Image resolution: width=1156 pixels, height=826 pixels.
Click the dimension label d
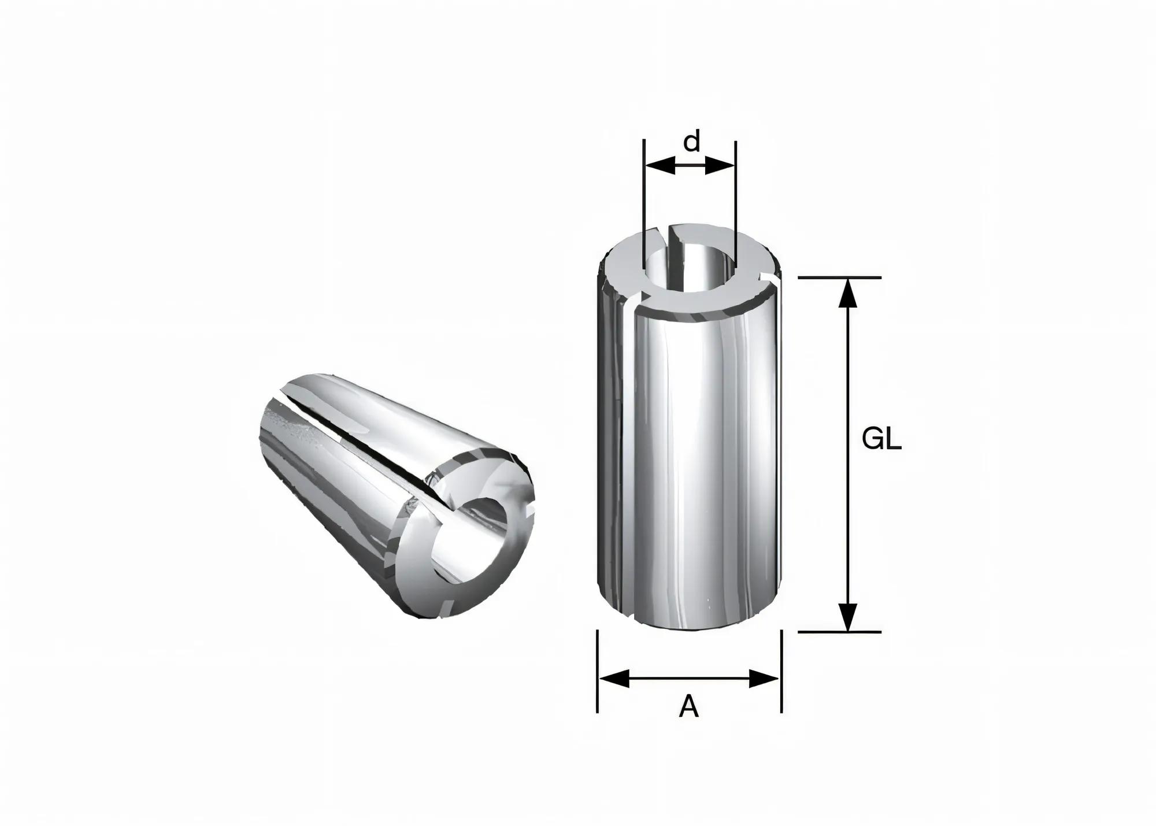point(691,142)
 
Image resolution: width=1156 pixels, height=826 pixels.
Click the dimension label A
point(688,706)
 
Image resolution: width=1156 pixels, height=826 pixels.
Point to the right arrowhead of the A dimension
point(764,678)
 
